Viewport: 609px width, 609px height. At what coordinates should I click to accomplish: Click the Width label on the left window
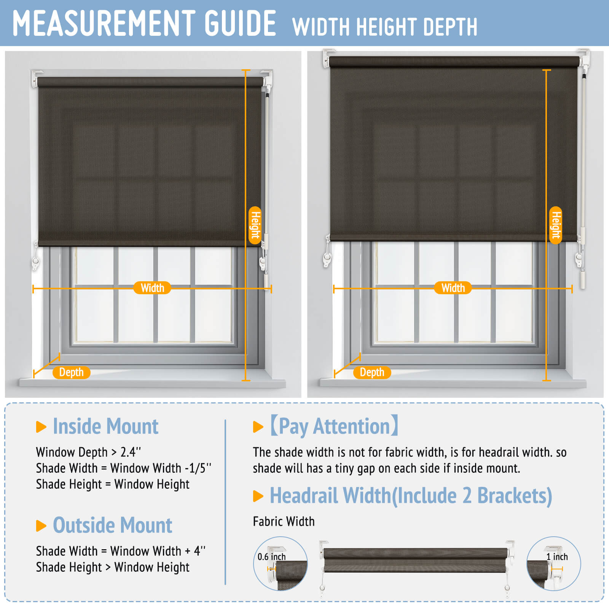tap(152, 288)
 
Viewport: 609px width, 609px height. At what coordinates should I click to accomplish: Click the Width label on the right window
tap(453, 288)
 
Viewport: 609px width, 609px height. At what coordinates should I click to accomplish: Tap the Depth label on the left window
tap(71, 372)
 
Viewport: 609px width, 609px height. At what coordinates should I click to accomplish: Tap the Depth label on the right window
tap(372, 372)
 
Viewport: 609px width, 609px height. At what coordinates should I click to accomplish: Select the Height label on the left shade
tap(255, 225)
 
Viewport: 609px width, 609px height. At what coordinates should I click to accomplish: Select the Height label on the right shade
tap(556, 225)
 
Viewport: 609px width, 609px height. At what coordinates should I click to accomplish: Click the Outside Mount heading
tap(112, 525)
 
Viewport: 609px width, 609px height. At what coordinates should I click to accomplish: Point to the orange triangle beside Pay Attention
tap(258, 427)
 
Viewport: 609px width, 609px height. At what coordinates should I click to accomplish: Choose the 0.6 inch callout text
tap(271, 557)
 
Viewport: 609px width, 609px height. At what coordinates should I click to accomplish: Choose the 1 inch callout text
tap(557, 557)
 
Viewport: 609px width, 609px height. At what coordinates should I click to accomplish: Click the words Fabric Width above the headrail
tap(284, 521)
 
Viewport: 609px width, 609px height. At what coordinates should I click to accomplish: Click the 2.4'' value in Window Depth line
tap(131, 452)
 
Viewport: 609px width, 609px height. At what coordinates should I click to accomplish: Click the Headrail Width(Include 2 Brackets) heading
tap(411, 496)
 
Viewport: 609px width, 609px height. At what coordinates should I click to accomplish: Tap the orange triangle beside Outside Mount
tap(41, 526)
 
